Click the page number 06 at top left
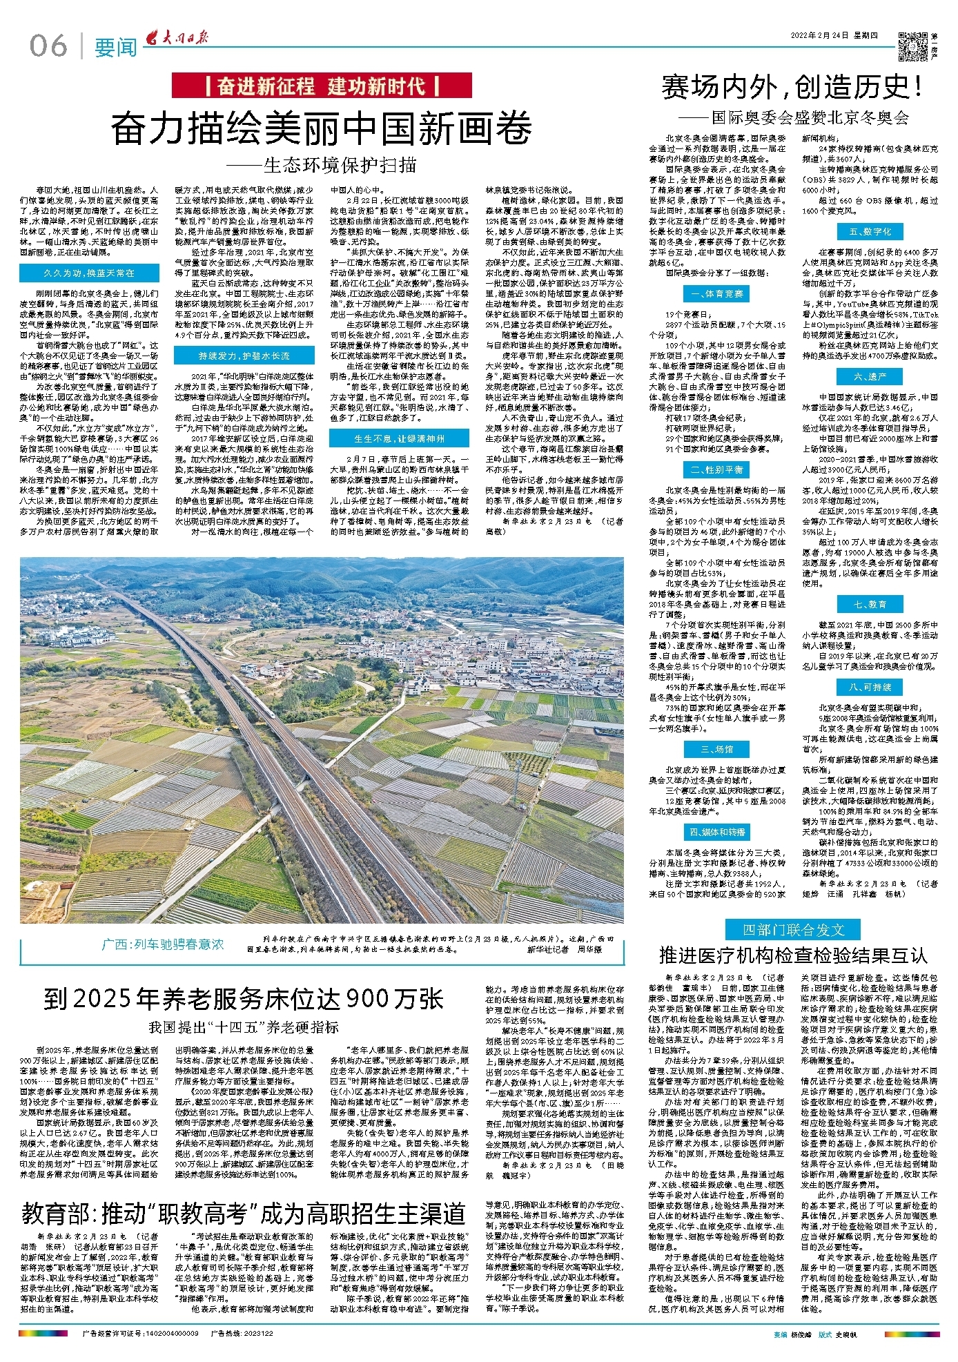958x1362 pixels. (48, 46)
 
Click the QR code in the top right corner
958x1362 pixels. (913, 43)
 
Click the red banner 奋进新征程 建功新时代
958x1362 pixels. (322, 86)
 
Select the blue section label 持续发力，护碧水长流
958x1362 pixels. (244, 356)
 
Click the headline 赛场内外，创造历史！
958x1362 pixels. (792, 88)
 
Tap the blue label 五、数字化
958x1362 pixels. (870, 231)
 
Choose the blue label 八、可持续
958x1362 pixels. (870, 687)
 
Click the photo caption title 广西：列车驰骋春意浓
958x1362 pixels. (163, 944)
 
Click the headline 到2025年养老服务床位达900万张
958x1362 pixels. (243, 998)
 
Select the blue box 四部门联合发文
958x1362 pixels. (793, 929)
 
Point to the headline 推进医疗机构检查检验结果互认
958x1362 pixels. (792, 955)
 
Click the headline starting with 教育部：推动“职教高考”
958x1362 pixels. (243, 1213)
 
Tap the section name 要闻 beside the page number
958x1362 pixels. (115, 48)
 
